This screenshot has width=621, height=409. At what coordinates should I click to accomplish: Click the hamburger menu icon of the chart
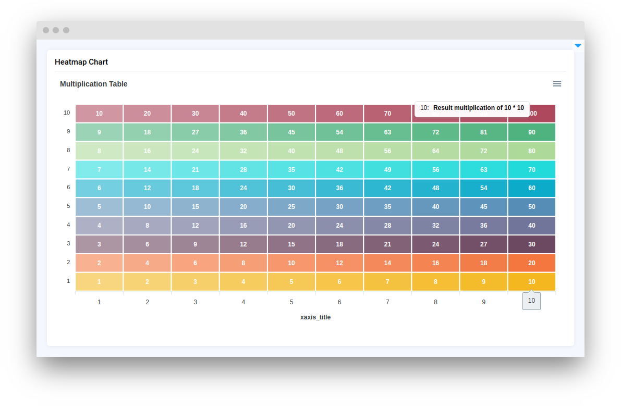(557, 84)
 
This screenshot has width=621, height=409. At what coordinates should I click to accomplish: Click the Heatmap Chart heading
(81, 62)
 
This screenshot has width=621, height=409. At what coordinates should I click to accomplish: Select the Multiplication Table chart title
(94, 84)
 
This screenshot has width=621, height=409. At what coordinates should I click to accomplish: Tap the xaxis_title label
(315, 317)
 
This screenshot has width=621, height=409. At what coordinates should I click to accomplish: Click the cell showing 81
(484, 132)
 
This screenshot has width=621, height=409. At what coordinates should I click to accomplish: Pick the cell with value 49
(387, 169)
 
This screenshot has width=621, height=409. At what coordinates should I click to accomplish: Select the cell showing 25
(291, 207)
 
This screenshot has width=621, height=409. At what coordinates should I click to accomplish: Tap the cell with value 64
(435, 151)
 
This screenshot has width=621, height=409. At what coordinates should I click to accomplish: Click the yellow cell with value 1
(99, 282)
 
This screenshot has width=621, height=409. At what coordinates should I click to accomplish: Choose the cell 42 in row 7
(339, 169)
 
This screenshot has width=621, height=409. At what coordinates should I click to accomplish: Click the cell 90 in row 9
(532, 132)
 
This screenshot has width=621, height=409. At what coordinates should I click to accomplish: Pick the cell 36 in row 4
(484, 226)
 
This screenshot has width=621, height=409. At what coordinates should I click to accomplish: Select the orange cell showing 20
(532, 263)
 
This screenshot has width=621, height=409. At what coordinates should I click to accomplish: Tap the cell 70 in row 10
(387, 114)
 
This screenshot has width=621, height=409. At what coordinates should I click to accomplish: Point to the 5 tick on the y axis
(68, 206)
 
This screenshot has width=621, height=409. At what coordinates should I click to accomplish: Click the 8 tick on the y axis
(68, 151)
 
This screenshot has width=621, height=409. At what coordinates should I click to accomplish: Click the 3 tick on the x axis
(196, 302)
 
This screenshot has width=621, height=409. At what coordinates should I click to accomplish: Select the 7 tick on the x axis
(387, 302)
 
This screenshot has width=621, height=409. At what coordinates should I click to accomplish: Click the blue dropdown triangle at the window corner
(578, 46)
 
